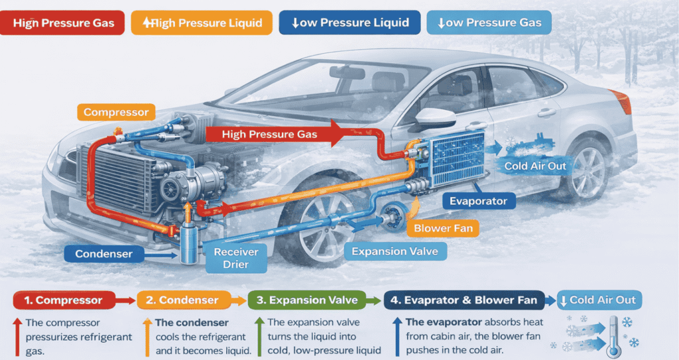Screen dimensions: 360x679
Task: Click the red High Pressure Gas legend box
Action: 63,23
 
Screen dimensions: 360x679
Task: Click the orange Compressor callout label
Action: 116,112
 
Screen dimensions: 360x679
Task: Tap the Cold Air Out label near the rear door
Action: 535,166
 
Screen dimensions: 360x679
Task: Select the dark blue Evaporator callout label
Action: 478,201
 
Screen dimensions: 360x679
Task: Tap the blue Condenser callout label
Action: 103,254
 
